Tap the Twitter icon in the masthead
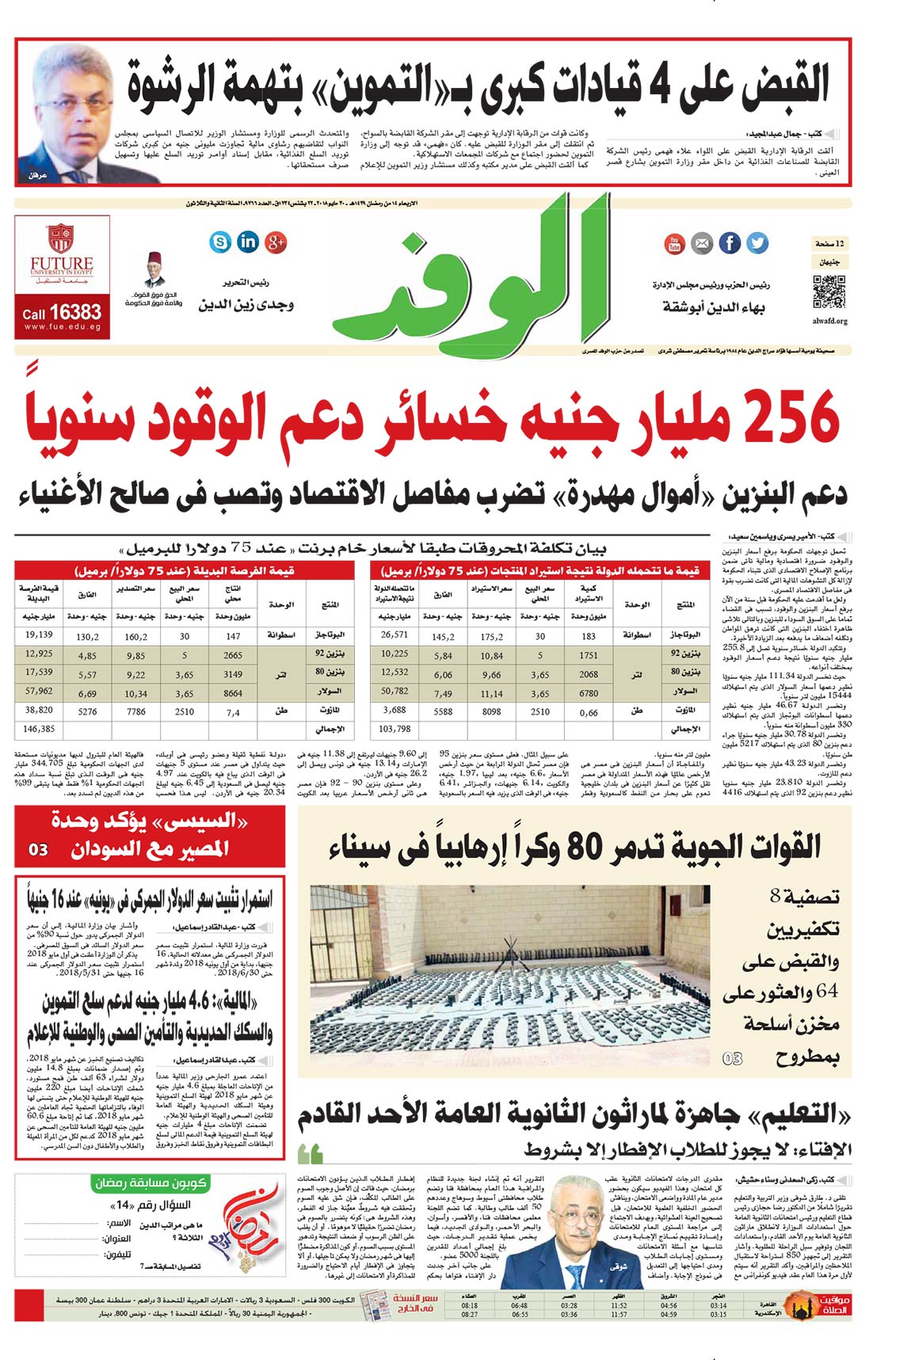pos(757,243)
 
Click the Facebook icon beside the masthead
pos(730,243)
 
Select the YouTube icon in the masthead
pos(674,243)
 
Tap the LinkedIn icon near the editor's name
pos(248,242)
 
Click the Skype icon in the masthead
pos(220,242)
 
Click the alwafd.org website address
pos(829,321)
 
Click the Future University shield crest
pos(61,238)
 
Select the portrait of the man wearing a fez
pos(154,270)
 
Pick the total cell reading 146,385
pos(39,729)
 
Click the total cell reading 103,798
pos(395,729)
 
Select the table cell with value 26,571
pos(395,634)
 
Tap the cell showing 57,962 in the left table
pos(39,691)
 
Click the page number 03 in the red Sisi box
pos(38,850)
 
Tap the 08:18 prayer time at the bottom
pos(470,1305)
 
